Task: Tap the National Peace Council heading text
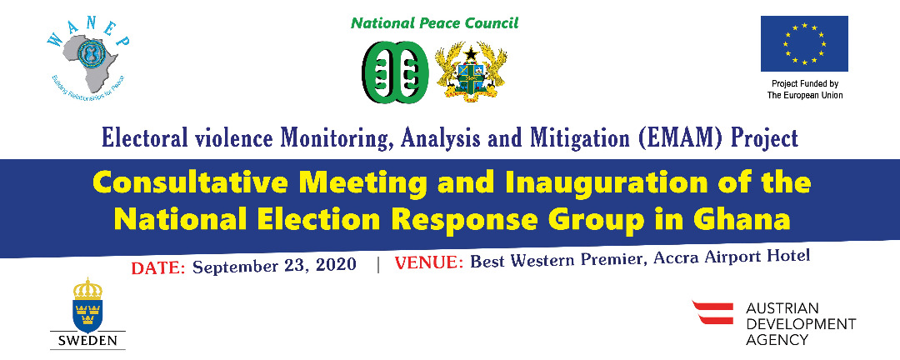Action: pyautogui.click(x=434, y=22)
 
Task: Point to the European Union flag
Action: pyautogui.click(x=804, y=44)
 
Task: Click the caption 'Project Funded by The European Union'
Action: pyautogui.click(x=804, y=90)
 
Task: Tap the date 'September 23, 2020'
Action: pyautogui.click(x=275, y=266)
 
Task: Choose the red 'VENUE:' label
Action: pyautogui.click(x=429, y=262)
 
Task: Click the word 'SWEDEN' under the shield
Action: pyautogui.click(x=87, y=340)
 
